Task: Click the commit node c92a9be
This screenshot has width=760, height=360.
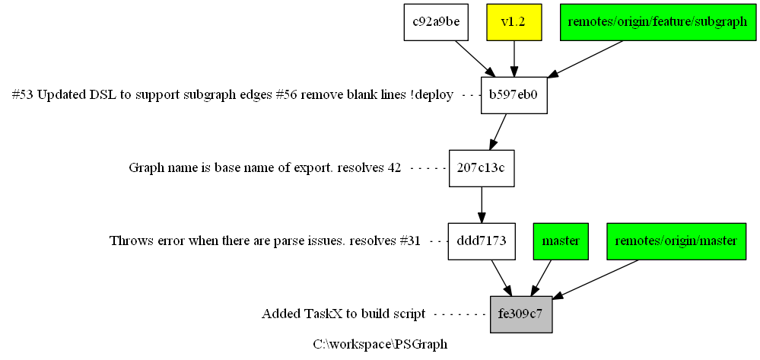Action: click(436, 22)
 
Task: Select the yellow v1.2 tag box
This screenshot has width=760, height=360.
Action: click(514, 22)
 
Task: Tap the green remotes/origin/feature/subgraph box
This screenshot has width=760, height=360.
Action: click(657, 22)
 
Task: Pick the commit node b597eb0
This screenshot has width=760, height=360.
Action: click(514, 95)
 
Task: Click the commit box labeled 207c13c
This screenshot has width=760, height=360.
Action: click(482, 168)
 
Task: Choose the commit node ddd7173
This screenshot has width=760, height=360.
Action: click(482, 241)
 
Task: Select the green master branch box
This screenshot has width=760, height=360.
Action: click(561, 241)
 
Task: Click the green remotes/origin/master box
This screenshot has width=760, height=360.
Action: click(676, 241)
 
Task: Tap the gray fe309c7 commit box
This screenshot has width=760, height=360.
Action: click(521, 314)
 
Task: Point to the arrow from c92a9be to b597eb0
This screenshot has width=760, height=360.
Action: click(475, 59)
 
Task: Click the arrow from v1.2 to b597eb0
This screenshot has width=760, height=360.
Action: click(514, 59)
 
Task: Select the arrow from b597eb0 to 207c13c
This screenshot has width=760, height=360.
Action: click(498, 132)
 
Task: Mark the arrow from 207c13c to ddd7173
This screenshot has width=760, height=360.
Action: click(482, 205)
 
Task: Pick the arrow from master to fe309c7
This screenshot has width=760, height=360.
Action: click(541, 278)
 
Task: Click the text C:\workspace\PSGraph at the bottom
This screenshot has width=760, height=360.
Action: click(380, 345)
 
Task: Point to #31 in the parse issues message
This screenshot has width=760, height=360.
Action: click(410, 241)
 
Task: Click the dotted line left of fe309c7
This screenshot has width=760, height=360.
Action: click(460, 315)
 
